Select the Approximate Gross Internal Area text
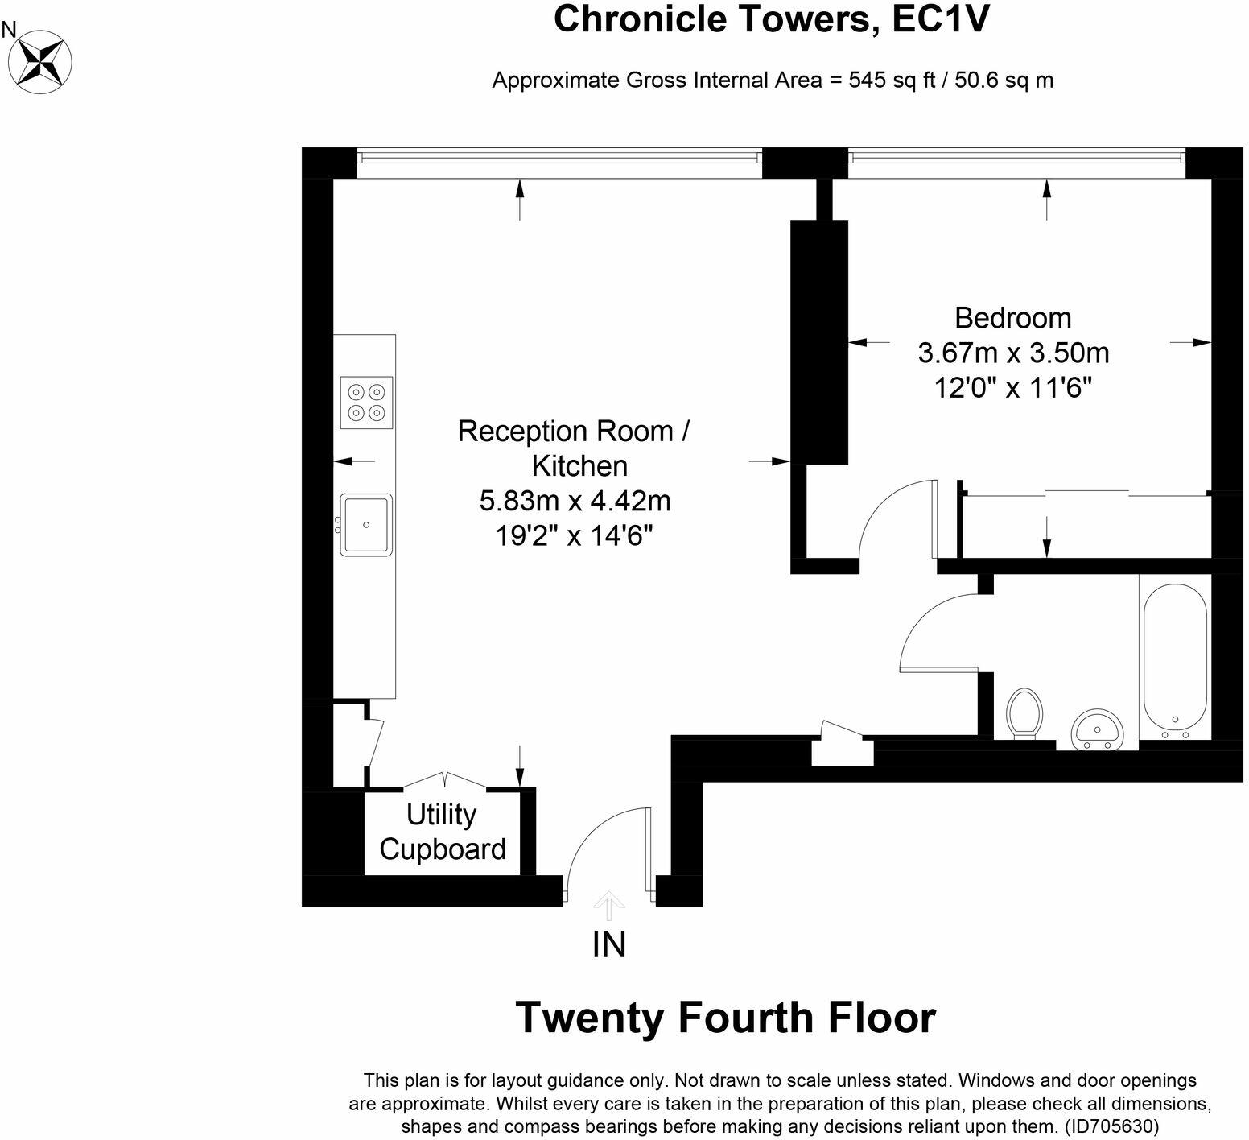(772, 81)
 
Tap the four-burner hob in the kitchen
(366, 403)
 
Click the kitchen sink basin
(366, 524)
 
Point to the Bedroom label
(1012, 318)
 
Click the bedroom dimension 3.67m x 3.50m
(1012, 353)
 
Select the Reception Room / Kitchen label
(574, 448)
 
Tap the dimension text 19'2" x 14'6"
(574, 535)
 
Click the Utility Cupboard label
(442, 832)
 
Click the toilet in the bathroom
(1024, 712)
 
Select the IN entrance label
(608, 944)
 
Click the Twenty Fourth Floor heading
(725, 1018)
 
